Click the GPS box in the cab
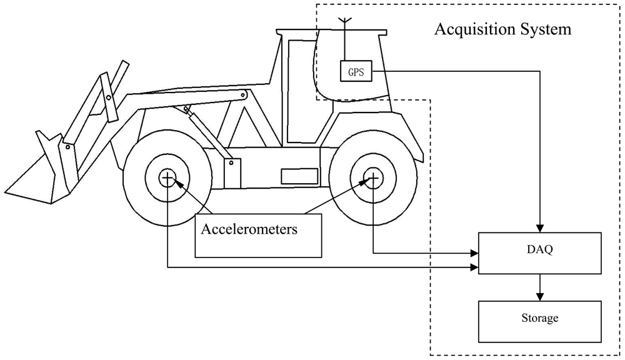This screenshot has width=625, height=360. pyautogui.click(x=356, y=71)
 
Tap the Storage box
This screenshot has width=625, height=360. pyautogui.click(x=539, y=318)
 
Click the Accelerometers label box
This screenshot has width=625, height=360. pyautogui.click(x=258, y=235)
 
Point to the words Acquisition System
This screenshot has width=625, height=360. pyautogui.click(x=502, y=29)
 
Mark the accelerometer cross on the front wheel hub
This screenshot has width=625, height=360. pyautogui.click(x=167, y=179)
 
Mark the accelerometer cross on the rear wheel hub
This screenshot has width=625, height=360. pyautogui.click(x=373, y=179)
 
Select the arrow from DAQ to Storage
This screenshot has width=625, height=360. pyautogui.click(x=539, y=287)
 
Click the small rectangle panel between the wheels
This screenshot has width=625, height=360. pyautogui.click(x=299, y=177)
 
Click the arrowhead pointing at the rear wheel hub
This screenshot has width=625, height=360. pyautogui.click(x=364, y=182)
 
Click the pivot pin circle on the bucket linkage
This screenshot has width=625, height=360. pyautogui.click(x=108, y=97)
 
